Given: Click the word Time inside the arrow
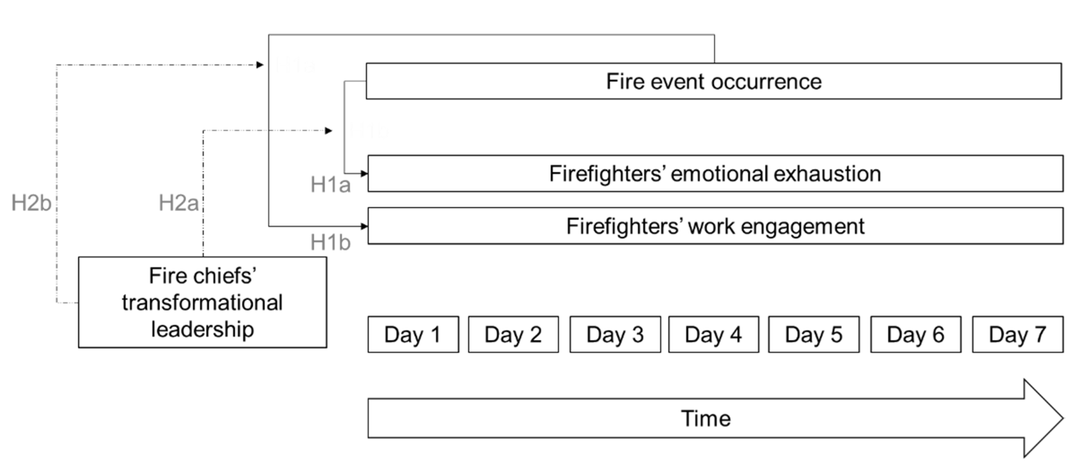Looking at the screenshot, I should tap(705, 418).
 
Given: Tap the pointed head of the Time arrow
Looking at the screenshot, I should tap(1044, 418).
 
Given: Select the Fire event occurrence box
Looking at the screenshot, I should tap(713, 81).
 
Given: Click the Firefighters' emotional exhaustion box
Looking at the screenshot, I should tap(715, 174).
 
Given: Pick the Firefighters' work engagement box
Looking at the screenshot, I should tap(715, 226).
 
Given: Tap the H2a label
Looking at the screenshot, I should tap(178, 203).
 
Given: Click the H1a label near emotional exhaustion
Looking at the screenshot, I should tap(330, 184).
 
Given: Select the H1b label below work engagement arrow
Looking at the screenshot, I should tap(330, 242).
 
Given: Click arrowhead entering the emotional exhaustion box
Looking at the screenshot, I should tap(364, 173).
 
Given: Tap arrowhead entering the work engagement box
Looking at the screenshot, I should tap(364, 226).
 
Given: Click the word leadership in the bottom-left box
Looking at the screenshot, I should tap(202, 329).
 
